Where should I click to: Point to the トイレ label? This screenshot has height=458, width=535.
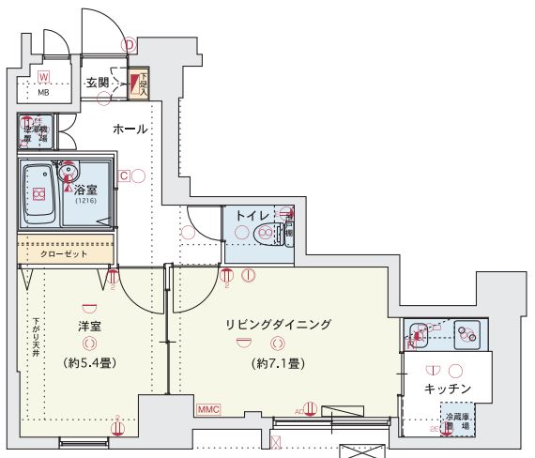[252, 216]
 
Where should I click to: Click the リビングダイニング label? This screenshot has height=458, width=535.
[278, 324]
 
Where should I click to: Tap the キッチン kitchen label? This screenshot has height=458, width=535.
[447, 388]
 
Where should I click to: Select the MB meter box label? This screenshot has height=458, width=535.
[43, 93]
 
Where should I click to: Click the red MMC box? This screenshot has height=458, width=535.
[208, 409]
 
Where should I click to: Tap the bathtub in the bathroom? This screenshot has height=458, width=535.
[39, 193]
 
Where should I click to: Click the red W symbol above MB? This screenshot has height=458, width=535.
[43, 77]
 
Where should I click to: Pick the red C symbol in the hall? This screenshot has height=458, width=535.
[123, 175]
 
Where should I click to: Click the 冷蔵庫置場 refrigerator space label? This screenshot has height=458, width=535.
[457, 420]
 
